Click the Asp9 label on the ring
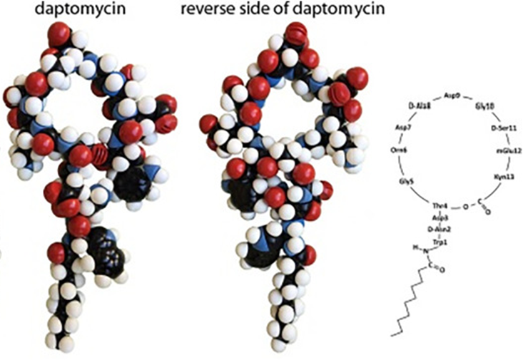(452, 95)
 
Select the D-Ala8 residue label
(419, 106)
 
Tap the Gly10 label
(485, 106)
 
